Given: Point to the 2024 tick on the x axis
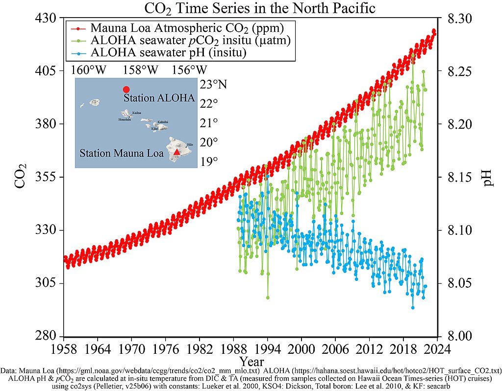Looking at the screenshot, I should (437, 348).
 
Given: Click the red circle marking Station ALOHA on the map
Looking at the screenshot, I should (126, 90).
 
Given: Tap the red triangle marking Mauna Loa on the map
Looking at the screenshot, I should (177, 152).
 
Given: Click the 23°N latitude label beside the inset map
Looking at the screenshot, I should (213, 85).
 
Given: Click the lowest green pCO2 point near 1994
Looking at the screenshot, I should (268, 298).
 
